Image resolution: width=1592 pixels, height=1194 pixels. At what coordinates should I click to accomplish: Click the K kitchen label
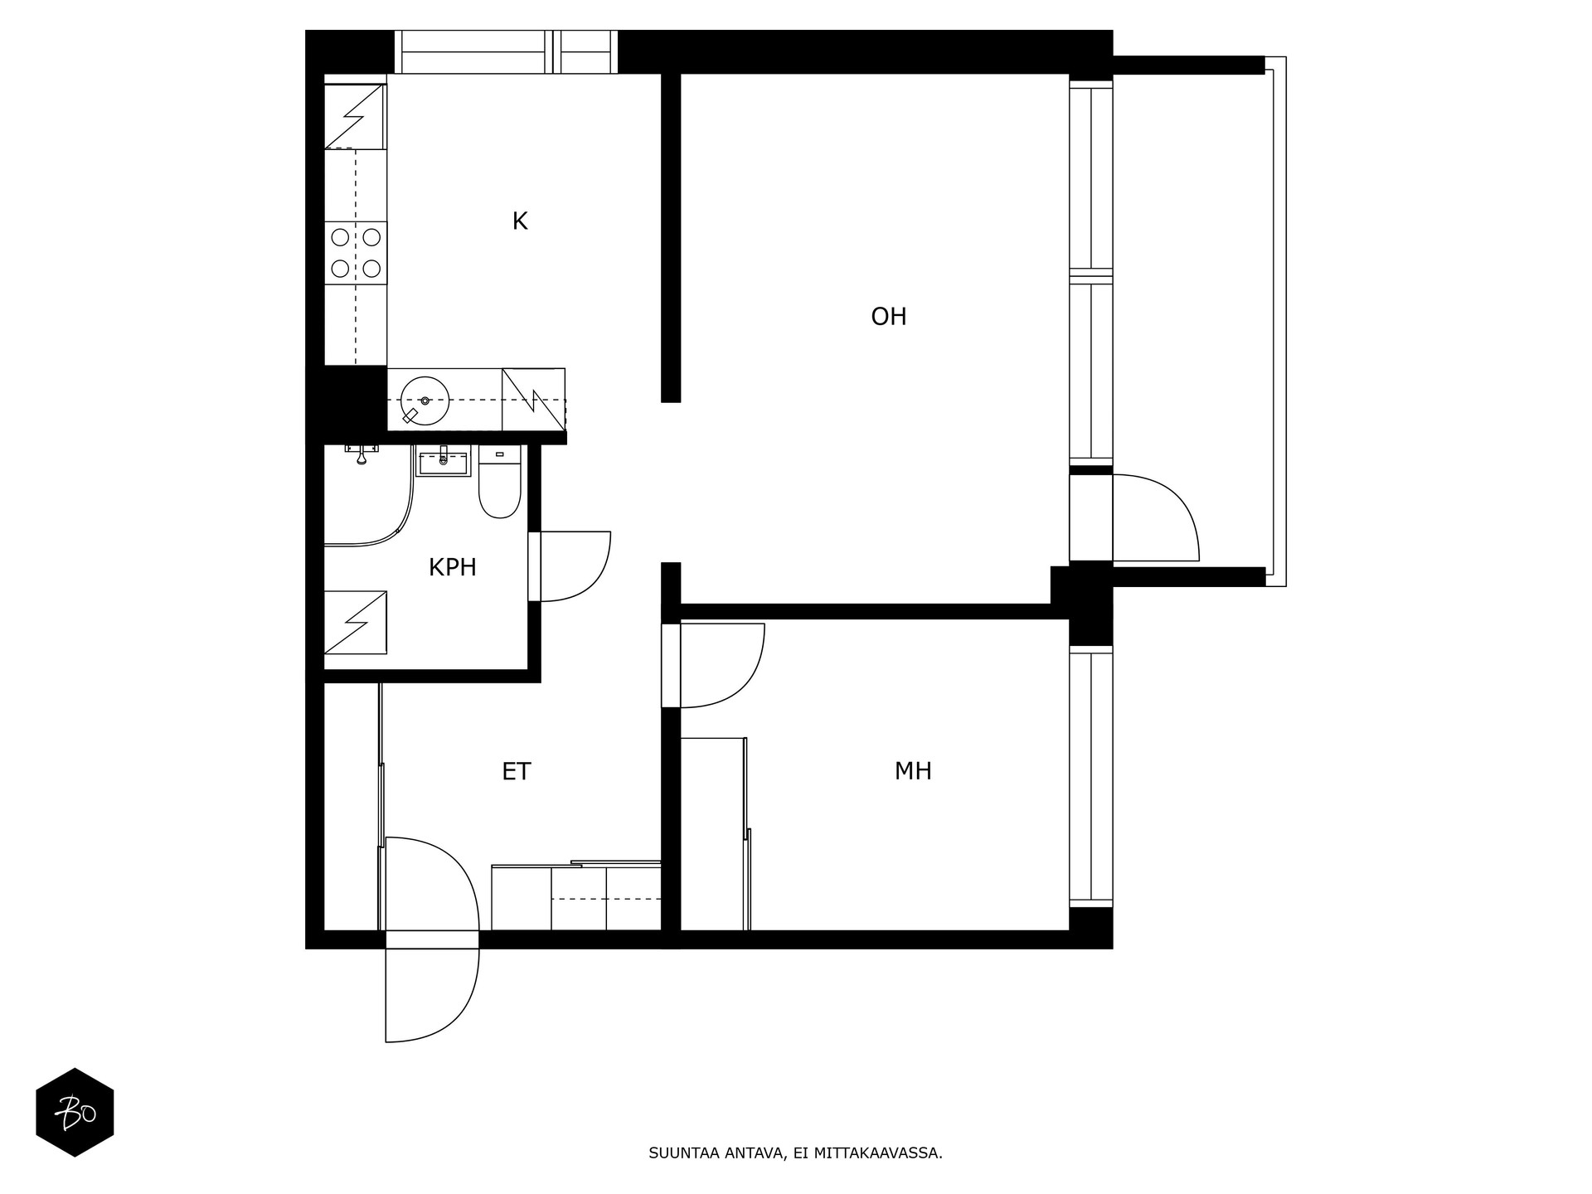click(x=520, y=221)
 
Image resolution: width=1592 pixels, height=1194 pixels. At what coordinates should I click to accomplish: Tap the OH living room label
click(x=889, y=317)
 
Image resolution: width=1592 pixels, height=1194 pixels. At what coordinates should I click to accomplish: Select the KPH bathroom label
click(x=452, y=568)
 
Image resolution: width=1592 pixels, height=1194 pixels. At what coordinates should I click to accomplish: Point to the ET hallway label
click(x=516, y=772)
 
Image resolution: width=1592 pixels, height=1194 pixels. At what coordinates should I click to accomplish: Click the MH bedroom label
click(x=913, y=771)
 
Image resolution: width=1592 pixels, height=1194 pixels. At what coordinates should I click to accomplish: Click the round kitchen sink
click(x=425, y=400)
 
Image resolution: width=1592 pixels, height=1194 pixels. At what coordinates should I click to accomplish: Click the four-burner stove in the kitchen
click(x=356, y=253)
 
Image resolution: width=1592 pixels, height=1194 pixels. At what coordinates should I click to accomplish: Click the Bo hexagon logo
click(x=75, y=1112)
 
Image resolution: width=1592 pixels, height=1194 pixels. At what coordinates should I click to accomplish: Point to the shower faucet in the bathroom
click(x=362, y=454)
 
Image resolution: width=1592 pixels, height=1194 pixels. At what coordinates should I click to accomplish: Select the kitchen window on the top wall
click(x=506, y=52)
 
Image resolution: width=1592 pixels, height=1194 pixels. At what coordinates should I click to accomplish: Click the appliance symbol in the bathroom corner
click(x=356, y=622)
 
